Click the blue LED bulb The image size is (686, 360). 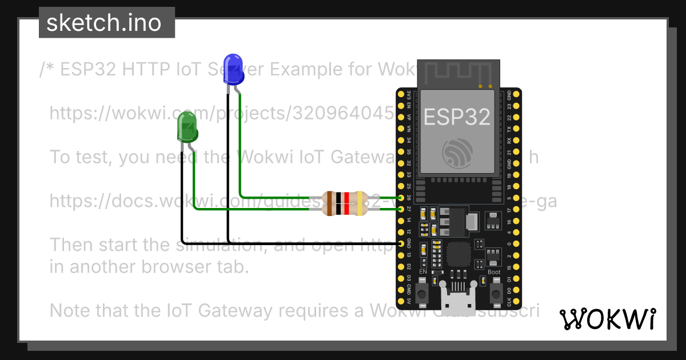pos(232,67)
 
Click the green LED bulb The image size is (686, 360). pos(187,127)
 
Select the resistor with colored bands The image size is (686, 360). pos(344,203)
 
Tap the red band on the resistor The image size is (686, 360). pos(346,203)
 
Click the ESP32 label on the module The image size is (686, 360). pos(457,117)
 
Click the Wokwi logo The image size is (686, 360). pos(607,319)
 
